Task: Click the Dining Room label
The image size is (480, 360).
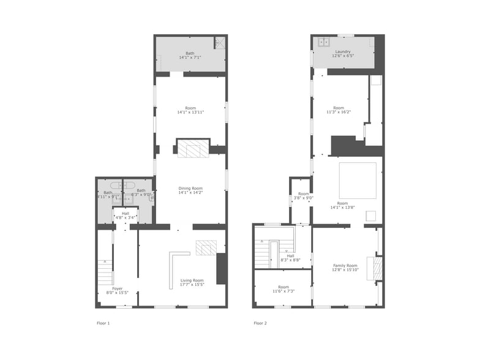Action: coord(190,189)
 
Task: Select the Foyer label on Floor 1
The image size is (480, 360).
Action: coord(117,288)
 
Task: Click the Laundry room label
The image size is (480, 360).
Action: coord(342,51)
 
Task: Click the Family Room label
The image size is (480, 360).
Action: coord(345,265)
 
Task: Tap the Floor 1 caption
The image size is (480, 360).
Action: coord(103,323)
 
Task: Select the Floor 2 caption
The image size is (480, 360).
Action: coord(260,323)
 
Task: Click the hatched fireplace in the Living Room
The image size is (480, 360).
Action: coord(206,247)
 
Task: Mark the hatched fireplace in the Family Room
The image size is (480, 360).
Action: coord(377,268)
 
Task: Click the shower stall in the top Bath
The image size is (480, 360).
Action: coord(219,42)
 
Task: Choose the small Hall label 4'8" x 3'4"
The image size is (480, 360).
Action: coord(126,215)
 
